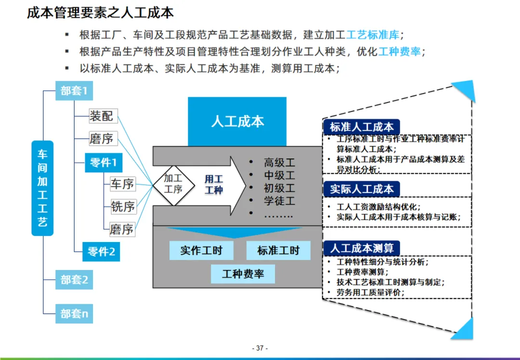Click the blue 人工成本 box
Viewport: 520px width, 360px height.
237,121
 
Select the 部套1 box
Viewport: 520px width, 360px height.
74,91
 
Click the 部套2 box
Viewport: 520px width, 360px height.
74,280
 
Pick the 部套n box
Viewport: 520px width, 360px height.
74,314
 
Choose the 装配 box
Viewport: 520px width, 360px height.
102,116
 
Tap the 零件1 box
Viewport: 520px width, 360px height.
103,163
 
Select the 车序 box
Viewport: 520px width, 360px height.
122,184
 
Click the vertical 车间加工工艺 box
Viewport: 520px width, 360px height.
42,188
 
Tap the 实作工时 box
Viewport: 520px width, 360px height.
201,251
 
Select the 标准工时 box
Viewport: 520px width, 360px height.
278,251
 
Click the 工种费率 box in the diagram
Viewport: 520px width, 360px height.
243,274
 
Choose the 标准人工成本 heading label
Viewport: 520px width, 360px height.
362,127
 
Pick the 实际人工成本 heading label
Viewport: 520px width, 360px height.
362,189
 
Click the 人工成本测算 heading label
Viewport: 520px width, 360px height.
362,248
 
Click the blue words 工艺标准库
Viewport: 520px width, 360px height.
373,35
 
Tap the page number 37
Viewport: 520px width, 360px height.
260,348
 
